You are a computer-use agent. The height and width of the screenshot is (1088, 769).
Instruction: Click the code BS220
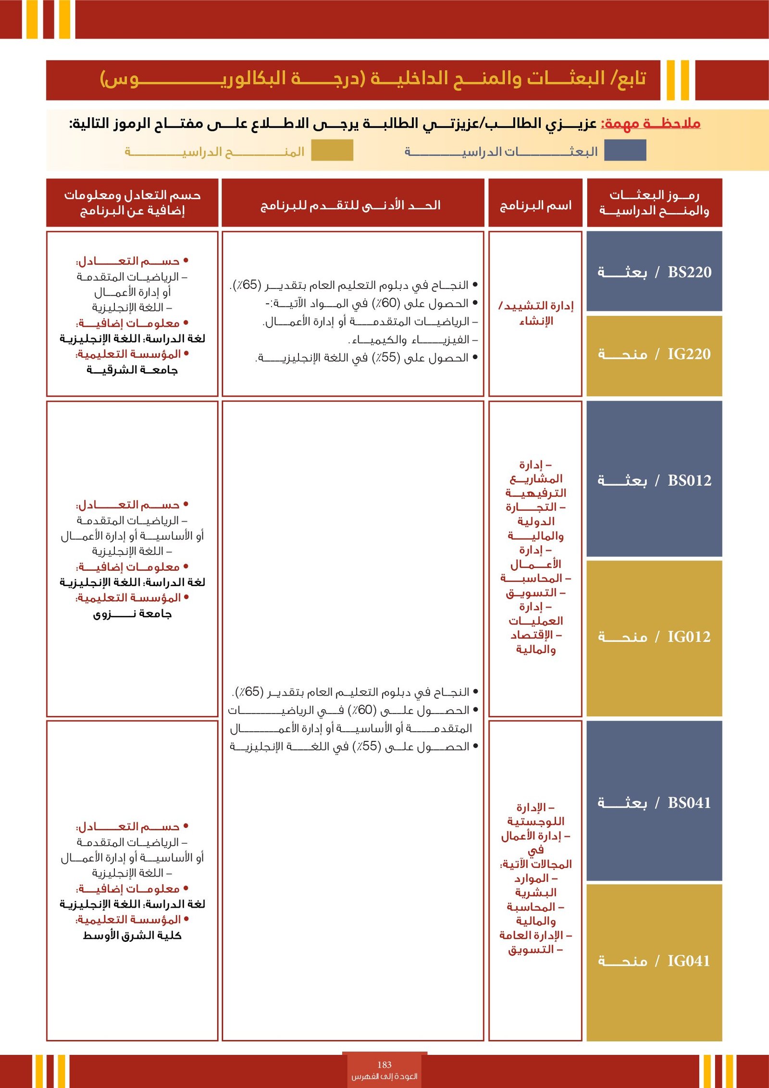689,272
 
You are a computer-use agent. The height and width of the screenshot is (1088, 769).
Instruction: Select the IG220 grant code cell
689,354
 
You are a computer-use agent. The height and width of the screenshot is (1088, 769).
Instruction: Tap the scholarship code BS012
689,480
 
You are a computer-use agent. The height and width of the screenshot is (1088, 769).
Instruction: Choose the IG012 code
689,637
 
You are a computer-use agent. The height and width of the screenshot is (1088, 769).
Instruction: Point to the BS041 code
689,802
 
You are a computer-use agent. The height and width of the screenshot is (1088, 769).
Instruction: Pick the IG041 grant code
688,961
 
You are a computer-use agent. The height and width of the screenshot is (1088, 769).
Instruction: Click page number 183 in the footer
384,1064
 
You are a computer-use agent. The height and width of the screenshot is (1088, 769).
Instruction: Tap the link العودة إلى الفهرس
384,1076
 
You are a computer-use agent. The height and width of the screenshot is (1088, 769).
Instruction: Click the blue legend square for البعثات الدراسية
625,150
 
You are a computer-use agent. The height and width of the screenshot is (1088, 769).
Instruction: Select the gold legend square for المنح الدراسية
332,150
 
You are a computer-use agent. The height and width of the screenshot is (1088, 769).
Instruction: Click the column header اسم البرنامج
535,206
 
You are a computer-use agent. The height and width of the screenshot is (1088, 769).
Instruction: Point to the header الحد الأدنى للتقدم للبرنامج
350,206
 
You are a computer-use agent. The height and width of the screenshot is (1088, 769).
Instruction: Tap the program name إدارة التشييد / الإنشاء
536,313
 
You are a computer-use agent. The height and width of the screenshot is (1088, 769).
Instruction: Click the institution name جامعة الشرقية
132,370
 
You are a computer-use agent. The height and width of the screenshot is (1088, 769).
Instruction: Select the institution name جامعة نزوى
132,613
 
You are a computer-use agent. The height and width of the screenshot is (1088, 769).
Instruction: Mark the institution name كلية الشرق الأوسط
132,935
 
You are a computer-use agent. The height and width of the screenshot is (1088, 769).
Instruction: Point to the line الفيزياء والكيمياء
413,340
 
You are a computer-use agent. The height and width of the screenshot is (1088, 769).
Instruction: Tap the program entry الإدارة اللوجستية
535,814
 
